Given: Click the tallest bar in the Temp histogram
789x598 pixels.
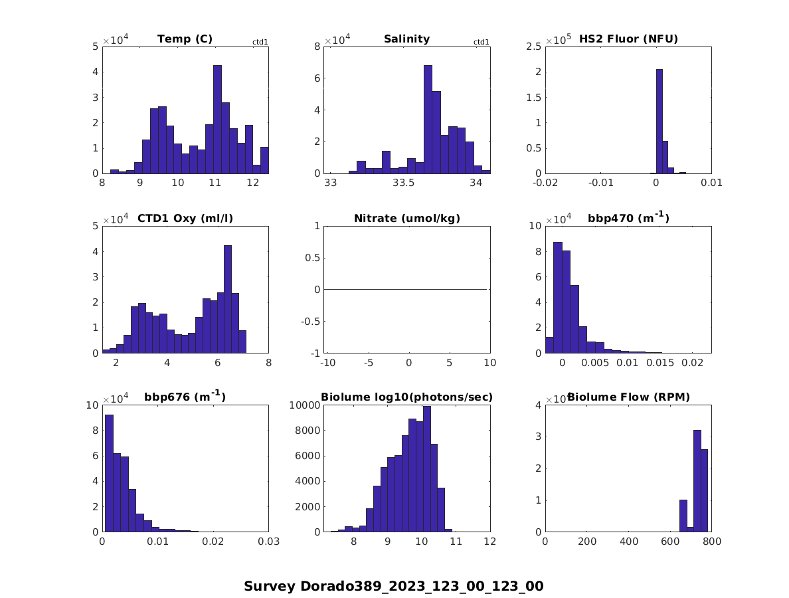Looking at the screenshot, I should click(217, 120).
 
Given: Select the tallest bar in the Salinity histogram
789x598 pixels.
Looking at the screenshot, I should click(428, 120).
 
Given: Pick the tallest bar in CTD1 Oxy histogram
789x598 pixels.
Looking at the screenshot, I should click(227, 299).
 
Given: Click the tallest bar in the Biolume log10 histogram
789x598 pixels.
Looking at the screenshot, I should click(426, 469).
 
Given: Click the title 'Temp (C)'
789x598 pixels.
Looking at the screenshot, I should click(185, 39).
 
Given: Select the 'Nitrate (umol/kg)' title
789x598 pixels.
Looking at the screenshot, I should click(406, 218).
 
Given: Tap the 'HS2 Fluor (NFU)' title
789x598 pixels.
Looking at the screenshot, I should click(628, 39).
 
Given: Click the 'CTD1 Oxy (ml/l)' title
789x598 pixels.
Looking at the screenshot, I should click(185, 218).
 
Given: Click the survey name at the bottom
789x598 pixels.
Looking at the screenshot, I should click(394, 586).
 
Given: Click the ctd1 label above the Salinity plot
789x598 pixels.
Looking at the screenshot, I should click(481, 43).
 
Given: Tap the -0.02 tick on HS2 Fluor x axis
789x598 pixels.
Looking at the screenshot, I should click(545, 183).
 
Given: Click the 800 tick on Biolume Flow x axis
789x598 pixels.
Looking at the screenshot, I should click(711, 542).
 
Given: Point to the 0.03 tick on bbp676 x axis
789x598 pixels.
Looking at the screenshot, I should click(268, 542).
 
